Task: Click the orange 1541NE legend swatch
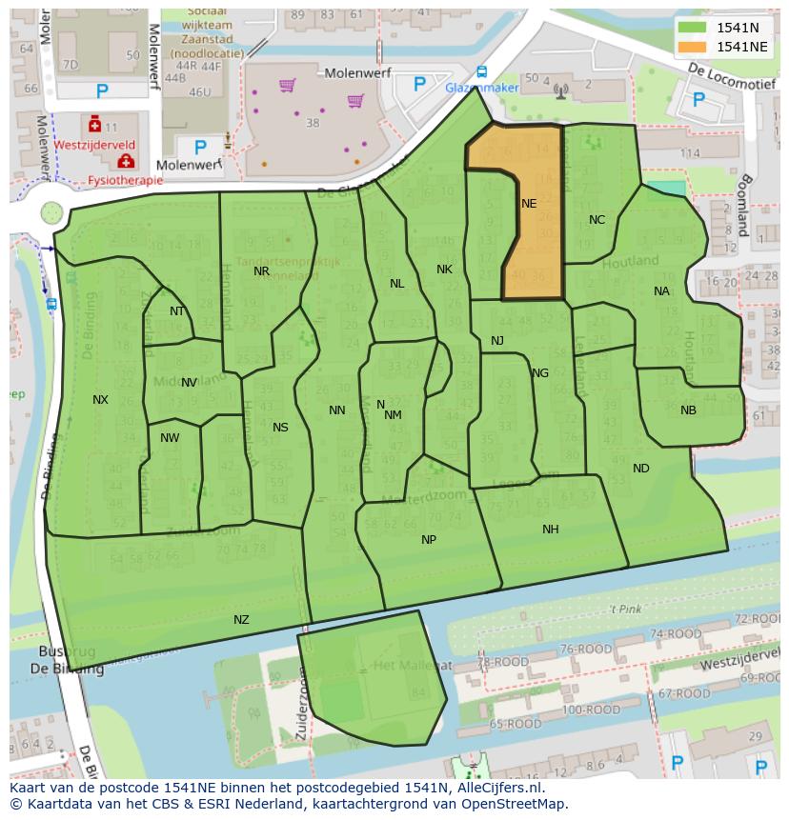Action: pyautogui.click(x=693, y=47)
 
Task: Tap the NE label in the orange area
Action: pyautogui.click(x=529, y=204)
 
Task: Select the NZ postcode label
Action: pyautogui.click(x=241, y=620)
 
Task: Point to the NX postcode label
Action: pyautogui.click(x=100, y=400)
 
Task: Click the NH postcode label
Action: pyautogui.click(x=550, y=530)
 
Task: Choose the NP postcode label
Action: pyautogui.click(x=429, y=540)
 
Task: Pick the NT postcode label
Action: pyautogui.click(x=177, y=311)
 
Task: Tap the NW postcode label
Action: pyautogui.click(x=170, y=438)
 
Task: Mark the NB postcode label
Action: pyautogui.click(x=688, y=410)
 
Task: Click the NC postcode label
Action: pyautogui.click(x=597, y=220)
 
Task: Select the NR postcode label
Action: pyautogui.click(x=261, y=271)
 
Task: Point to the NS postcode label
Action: pyautogui.click(x=280, y=428)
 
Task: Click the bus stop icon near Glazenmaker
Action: pyautogui.click(x=482, y=71)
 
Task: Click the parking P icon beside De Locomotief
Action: pyautogui.click(x=698, y=99)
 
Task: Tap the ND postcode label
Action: pyautogui.click(x=640, y=469)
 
